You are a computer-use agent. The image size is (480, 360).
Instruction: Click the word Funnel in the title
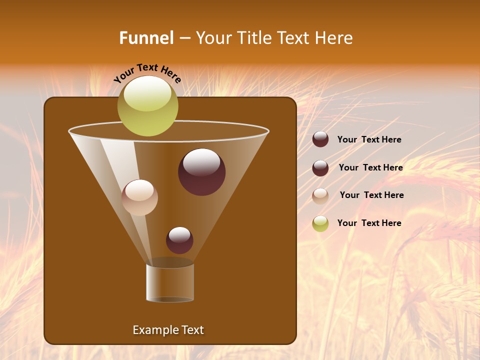click(x=146, y=38)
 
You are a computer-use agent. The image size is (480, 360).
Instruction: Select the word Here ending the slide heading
click(x=334, y=38)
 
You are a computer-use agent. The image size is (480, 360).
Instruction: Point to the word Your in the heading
click(x=212, y=38)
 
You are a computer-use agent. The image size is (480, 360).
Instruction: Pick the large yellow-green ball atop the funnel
click(x=147, y=105)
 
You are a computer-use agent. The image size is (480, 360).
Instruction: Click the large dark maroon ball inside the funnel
click(x=201, y=171)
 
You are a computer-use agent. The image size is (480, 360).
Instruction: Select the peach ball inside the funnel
click(x=139, y=197)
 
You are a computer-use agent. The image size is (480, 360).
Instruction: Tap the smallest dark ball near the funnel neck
click(x=179, y=240)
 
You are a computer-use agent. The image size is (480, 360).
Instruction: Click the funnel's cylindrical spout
click(x=170, y=282)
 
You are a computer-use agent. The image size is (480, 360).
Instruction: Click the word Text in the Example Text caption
click(x=192, y=330)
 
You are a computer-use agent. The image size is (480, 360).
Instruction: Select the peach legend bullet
click(x=320, y=195)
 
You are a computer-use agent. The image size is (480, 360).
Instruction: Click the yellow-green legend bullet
click(x=320, y=223)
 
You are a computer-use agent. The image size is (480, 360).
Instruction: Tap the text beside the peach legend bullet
click(x=371, y=195)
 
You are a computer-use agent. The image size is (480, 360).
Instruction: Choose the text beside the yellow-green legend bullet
click(x=369, y=223)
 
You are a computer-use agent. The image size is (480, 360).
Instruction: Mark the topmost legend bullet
click(x=320, y=139)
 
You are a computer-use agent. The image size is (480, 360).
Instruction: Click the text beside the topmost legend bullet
click(x=369, y=139)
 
